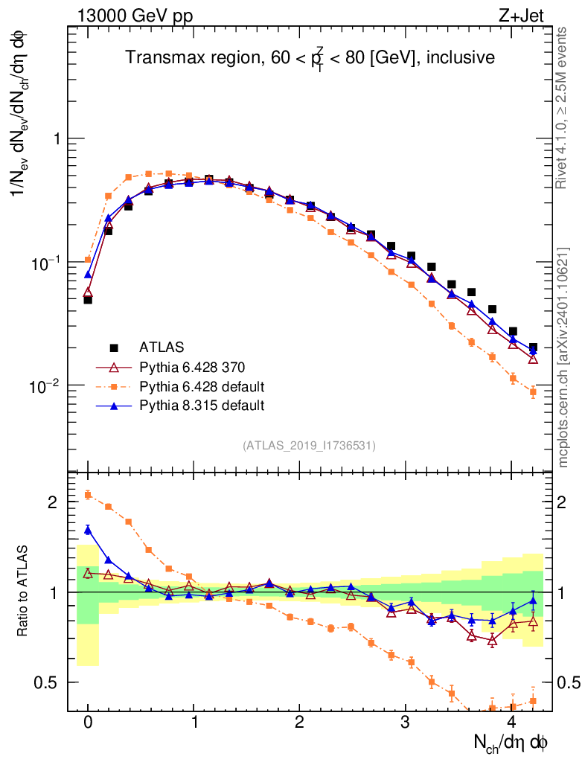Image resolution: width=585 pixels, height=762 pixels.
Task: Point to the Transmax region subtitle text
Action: point(310,58)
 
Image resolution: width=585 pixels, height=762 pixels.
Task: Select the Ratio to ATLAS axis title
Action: point(22,591)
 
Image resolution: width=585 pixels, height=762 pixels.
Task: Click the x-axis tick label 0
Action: point(88,723)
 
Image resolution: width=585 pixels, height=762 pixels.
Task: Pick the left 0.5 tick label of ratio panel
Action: point(49,682)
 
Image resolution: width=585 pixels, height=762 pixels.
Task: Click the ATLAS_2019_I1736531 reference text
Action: point(309,446)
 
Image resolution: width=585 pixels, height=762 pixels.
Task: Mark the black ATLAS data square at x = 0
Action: point(88,300)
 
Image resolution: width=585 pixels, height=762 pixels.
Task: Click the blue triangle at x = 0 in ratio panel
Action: point(88,530)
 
